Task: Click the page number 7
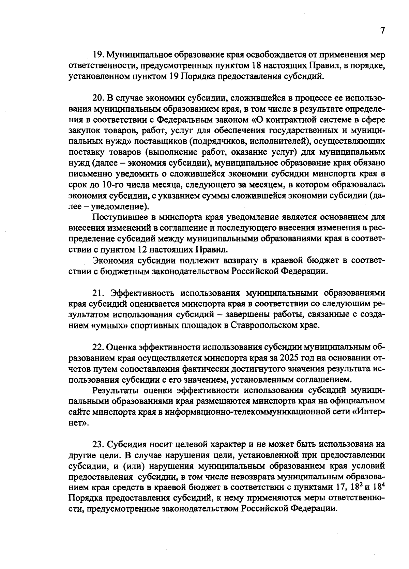pos(382,31)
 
